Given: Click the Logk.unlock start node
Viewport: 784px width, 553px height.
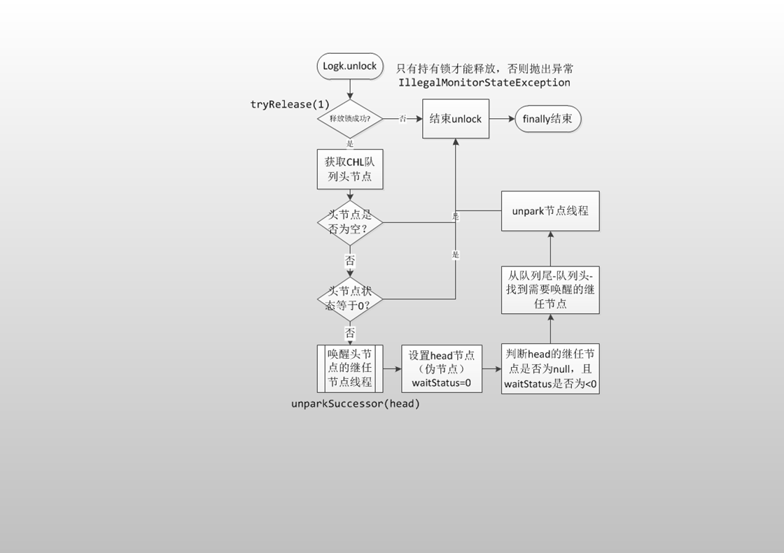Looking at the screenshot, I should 350,66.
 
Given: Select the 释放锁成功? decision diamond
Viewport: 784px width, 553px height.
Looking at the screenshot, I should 350,119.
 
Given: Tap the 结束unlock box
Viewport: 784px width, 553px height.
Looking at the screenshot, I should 456,119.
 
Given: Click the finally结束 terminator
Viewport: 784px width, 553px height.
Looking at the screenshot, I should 547,119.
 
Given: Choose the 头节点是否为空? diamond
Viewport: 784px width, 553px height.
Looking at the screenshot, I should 350,222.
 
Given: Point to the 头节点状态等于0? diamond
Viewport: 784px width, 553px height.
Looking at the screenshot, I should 350,299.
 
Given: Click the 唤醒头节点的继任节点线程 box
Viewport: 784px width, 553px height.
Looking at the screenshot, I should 350,368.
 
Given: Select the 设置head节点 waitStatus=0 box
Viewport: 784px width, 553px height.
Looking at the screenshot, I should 442,368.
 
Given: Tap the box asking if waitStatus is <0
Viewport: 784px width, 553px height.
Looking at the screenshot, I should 550,368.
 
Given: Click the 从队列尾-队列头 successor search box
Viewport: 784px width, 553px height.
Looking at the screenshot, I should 550,289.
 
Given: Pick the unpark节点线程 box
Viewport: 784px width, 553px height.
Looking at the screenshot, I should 550,210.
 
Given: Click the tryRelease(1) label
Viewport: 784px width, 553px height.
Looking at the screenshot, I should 290,104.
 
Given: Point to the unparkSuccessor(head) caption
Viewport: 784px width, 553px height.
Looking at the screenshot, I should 356,403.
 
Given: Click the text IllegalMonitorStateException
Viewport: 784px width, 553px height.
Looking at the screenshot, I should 484,82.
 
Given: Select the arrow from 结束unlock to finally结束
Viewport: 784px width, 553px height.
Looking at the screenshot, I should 502,119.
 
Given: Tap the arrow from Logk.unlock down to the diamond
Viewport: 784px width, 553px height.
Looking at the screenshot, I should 350,89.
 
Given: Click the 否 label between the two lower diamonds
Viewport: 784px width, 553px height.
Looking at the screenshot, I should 350,260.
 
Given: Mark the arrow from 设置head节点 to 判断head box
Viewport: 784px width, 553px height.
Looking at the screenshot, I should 491,368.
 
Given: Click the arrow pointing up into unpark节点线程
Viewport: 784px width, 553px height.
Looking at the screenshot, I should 550,248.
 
